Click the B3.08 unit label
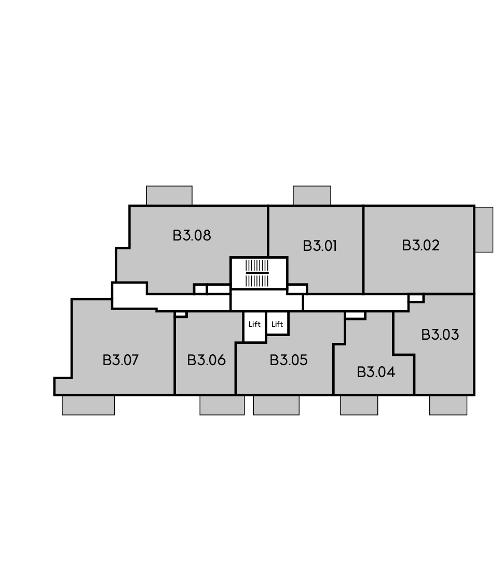click(192, 235)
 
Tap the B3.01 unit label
click(320, 246)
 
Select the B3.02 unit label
click(420, 245)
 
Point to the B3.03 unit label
click(440, 335)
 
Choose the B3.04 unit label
click(376, 372)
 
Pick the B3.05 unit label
click(289, 360)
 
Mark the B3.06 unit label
click(206, 360)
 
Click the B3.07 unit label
click(120, 360)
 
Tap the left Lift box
click(254, 327)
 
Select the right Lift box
click(277, 324)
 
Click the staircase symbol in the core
click(257, 273)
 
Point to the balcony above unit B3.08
click(169, 195)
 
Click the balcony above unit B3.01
click(312, 195)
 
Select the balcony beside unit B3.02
click(484, 230)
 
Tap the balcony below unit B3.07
click(88, 405)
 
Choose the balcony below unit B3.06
click(222, 405)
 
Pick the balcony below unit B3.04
click(359, 405)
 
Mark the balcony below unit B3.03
click(448, 405)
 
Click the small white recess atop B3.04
click(356, 315)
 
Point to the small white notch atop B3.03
click(416, 298)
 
